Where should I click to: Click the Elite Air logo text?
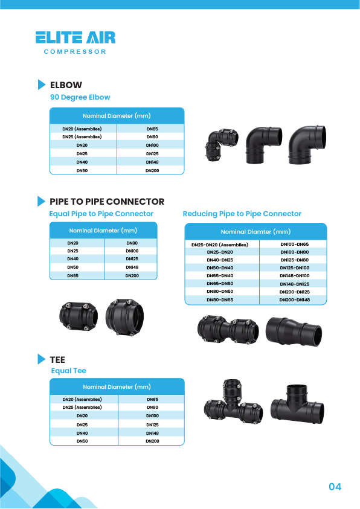[x=76, y=37]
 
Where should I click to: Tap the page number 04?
[x=335, y=487]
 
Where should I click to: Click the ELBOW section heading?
[x=66, y=85]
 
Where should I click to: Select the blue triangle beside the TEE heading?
[x=42, y=359]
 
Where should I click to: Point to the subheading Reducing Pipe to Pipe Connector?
[x=242, y=214]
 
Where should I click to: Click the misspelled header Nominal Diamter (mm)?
[x=256, y=231]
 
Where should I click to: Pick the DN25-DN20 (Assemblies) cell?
[x=220, y=245]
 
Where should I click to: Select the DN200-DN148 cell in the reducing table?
[x=294, y=299]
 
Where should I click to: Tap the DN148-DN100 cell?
[x=294, y=275]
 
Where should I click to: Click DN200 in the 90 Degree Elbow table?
[x=152, y=170]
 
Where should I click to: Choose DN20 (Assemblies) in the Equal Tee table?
[x=82, y=399]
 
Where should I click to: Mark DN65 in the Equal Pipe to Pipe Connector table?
[x=72, y=275]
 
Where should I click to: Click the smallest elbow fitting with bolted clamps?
[x=222, y=145]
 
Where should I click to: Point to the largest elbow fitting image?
[x=307, y=144]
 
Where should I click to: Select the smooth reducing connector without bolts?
[x=294, y=331]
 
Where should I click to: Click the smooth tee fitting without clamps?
[x=297, y=404]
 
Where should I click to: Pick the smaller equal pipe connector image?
[x=79, y=316]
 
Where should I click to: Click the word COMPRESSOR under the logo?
[x=75, y=51]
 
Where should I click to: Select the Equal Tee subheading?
[x=68, y=371]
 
